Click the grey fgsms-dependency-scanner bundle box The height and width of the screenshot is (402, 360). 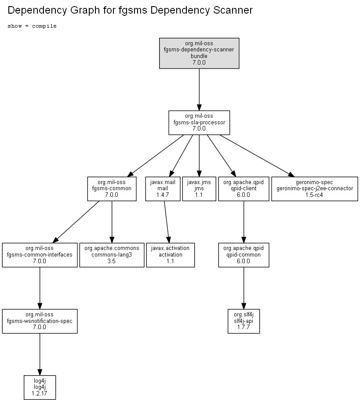click(x=199, y=53)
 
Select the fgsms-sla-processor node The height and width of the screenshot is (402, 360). click(x=199, y=123)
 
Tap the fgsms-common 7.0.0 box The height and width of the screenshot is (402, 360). click(x=112, y=188)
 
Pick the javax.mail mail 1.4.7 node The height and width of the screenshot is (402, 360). click(x=163, y=188)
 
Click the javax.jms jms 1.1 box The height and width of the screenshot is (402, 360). click(x=199, y=188)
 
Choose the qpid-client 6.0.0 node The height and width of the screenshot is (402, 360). click(x=244, y=188)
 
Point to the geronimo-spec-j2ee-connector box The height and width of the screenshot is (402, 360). click(x=315, y=188)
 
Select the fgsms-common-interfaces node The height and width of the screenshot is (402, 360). click(x=40, y=255)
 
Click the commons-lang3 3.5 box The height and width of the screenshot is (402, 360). click(x=112, y=255)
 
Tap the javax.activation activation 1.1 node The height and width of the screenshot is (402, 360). click(x=171, y=255)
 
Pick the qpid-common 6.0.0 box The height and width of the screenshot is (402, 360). click(x=244, y=255)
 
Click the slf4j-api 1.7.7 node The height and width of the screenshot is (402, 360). click(x=244, y=321)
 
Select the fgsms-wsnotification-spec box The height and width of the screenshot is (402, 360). click(x=40, y=321)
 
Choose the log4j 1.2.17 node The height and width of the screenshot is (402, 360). click(x=40, y=388)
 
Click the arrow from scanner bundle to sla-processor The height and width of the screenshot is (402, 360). click(x=199, y=90)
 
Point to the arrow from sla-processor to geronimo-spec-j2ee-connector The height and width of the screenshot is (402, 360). click(x=257, y=156)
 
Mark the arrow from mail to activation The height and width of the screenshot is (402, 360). click(x=167, y=222)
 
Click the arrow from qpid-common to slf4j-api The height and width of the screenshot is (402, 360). click(x=244, y=288)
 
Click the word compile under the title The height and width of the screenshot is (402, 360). click(x=44, y=26)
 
